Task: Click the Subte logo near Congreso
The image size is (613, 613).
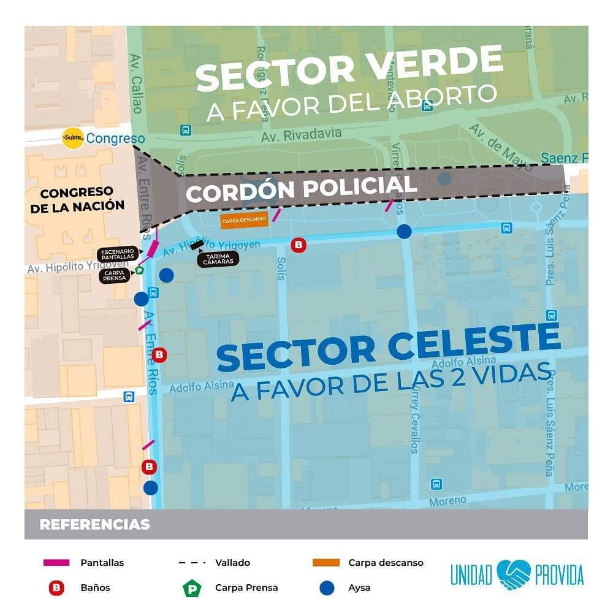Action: tap(73, 139)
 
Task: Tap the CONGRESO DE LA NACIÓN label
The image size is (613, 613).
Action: tap(77, 200)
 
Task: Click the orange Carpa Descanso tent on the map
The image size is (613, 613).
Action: tap(245, 220)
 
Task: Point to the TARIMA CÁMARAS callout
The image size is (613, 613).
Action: tap(216, 259)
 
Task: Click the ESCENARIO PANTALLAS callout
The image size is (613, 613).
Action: tap(118, 254)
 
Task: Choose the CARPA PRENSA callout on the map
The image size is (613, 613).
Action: tap(115, 275)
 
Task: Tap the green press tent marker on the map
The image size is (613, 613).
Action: tap(139, 270)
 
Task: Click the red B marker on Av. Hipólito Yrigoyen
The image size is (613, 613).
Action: tap(299, 245)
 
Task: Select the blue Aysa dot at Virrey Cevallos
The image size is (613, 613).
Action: tap(404, 231)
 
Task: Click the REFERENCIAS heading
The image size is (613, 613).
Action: tap(94, 525)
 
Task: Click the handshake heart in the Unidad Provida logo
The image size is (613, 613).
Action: tap(514, 574)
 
